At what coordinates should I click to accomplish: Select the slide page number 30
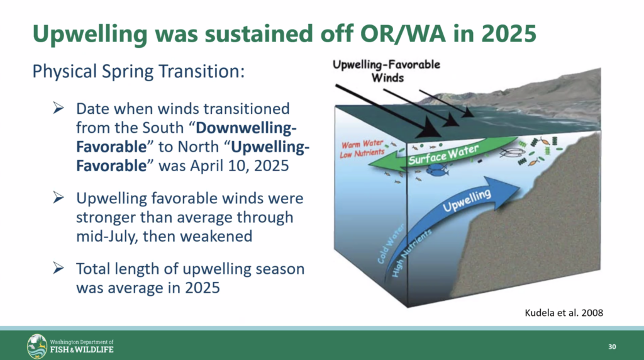tap(612, 347)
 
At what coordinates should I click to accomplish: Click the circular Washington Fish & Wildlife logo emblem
tap(37, 346)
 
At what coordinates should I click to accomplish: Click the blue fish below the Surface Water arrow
tap(439, 169)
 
